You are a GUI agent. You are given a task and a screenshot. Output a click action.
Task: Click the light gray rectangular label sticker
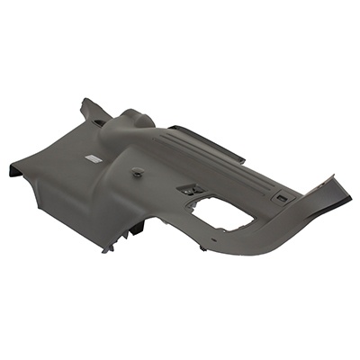94,158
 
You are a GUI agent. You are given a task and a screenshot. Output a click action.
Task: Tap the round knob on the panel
136,170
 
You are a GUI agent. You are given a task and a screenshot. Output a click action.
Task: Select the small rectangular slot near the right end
283,197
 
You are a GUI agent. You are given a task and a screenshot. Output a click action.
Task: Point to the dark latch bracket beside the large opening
189,189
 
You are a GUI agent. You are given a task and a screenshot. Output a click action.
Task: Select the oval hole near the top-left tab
96,117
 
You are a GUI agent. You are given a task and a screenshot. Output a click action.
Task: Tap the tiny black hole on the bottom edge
203,247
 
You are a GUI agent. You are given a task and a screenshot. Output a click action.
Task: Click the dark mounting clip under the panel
135,229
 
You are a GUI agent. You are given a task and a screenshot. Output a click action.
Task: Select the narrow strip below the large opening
225,236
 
